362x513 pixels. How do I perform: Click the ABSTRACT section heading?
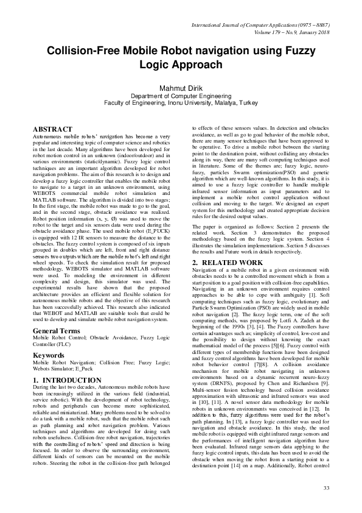(x=52, y=130)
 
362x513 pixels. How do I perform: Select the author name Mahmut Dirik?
(x=181, y=88)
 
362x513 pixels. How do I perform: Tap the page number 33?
(x=326, y=488)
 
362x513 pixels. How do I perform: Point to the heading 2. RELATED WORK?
(x=228, y=263)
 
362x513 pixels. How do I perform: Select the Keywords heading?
(x=48, y=337)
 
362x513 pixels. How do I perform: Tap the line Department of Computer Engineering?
(x=181, y=96)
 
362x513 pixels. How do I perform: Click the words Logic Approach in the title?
(x=181, y=65)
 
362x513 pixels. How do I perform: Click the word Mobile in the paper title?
(x=130, y=52)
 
